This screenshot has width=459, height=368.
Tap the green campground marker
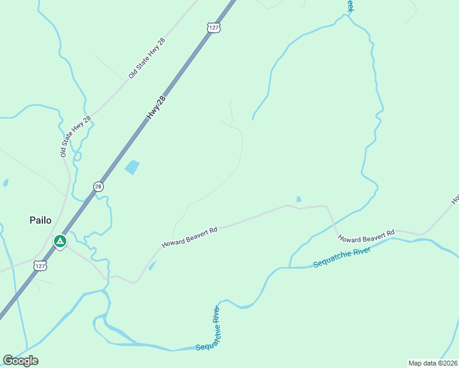(x=60, y=242)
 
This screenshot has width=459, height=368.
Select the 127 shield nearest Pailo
(x=40, y=266)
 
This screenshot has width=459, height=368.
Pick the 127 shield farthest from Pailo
(x=213, y=28)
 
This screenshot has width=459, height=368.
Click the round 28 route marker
(x=98, y=186)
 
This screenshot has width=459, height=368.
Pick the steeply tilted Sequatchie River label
(x=208, y=329)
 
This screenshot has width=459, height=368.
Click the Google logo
(x=20, y=361)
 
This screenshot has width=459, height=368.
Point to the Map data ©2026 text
(x=433, y=363)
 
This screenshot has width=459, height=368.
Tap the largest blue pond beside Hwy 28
(x=132, y=167)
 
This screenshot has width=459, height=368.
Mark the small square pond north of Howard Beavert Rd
(x=299, y=199)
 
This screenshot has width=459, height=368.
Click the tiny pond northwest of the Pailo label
(x=6, y=183)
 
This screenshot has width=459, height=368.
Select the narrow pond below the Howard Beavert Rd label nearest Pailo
(x=152, y=266)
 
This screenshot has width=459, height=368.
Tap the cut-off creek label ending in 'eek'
(x=350, y=6)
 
